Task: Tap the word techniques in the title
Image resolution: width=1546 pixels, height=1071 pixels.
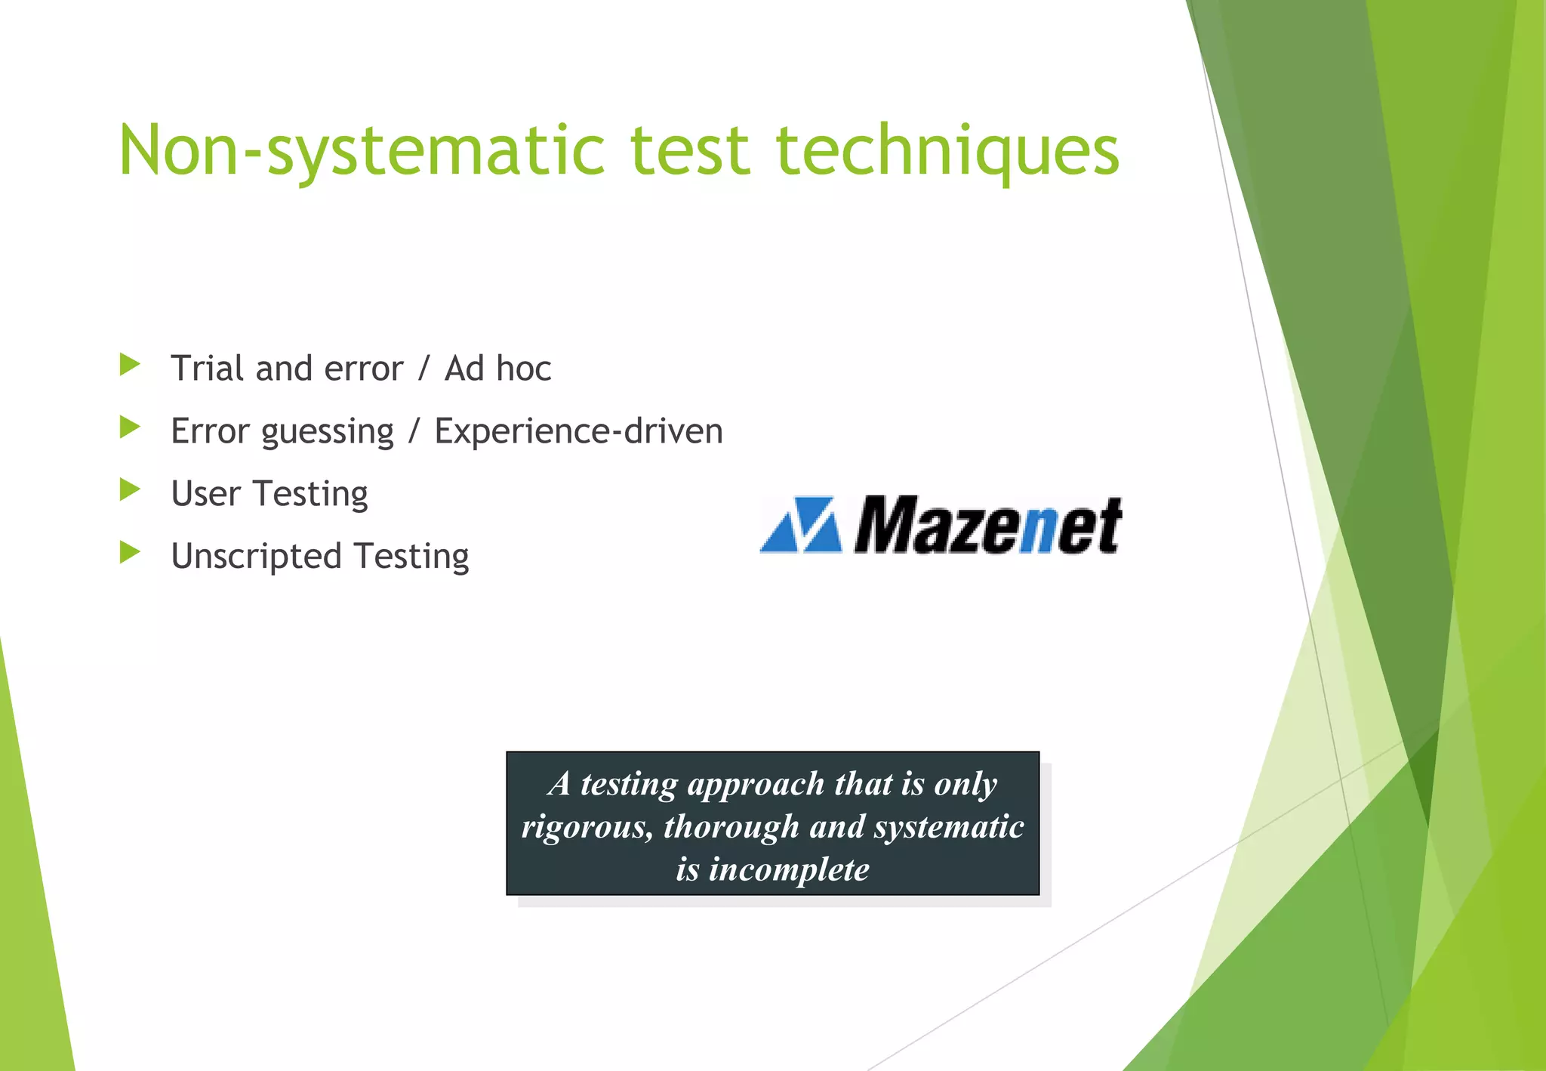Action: tap(947, 151)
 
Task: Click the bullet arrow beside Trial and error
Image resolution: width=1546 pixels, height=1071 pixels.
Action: tap(130, 366)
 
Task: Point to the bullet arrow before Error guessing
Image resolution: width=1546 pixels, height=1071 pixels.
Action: tap(130, 428)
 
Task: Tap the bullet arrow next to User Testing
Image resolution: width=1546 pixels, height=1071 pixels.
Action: tap(130, 491)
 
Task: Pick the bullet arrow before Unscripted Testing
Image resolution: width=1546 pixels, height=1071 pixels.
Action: tap(130, 554)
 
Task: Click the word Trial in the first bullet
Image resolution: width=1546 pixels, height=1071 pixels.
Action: tap(208, 369)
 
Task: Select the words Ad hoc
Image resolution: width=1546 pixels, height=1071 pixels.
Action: tap(497, 369)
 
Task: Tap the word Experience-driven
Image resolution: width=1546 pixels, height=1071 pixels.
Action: tap(578, 431)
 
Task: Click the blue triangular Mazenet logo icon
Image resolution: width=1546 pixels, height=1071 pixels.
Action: tap(801, 525)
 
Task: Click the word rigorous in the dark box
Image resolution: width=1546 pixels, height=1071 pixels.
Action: tap(587, 827)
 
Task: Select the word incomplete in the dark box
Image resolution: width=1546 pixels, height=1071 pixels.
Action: tap(788, 869)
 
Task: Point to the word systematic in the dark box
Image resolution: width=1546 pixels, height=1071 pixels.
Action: tap(949, 827)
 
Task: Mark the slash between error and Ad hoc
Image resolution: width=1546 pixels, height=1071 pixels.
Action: tap(423, 369)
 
